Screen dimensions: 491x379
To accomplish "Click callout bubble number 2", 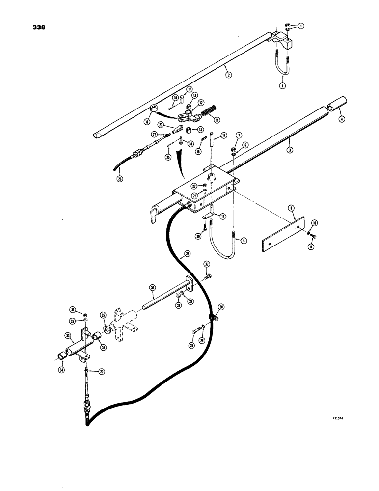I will tap(228, 74).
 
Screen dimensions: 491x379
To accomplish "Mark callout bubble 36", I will tap(153, 288).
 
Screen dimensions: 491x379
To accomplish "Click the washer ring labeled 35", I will tap(107, 329).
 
